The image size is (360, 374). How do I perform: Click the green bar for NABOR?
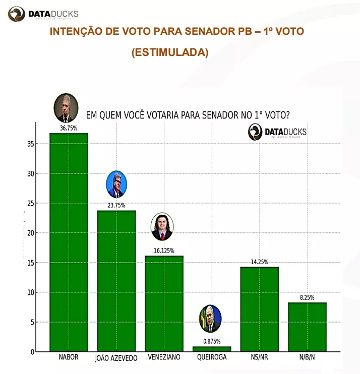pos(69,242)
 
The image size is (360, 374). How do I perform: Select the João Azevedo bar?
pos(116,281)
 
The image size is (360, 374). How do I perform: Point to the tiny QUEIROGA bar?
pos(212,349)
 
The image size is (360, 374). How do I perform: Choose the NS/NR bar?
pos(259,309)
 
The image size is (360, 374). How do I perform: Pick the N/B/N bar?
pos(307,327)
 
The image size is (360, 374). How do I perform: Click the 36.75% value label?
pos(69,129)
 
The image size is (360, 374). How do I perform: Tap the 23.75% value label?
pos(116,206)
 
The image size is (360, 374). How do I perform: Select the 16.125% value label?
pos(164,251)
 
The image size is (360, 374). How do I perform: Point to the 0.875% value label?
pos(212,342)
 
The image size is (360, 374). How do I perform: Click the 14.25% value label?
pos(259,262)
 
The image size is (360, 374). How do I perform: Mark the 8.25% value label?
pos(307,297)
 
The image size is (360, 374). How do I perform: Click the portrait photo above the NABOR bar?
pos(66,108)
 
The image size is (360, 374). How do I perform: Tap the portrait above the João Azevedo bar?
pos(116,184)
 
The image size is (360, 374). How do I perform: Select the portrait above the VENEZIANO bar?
pos(162,227)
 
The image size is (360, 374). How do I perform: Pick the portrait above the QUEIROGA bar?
pos(210,319)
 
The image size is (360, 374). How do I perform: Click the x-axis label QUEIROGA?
pos(211,357)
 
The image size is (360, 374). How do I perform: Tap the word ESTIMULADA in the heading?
pos(169,52)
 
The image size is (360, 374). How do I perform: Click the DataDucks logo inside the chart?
pos(277,132)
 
